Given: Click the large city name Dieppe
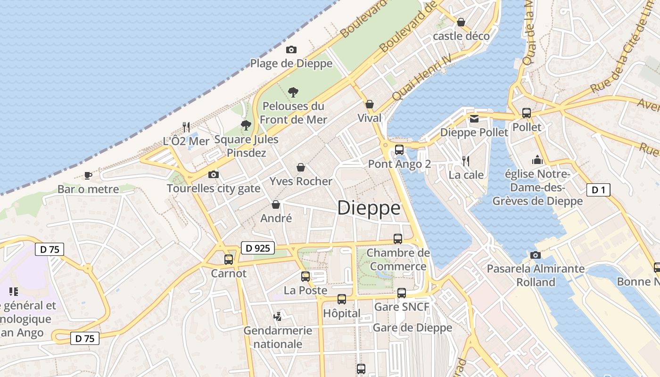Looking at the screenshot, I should pos(369,208).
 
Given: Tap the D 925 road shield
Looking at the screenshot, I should pos(257,248).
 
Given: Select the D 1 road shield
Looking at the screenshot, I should pos(598,190).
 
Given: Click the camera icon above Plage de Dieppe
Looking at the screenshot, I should pos(291,49).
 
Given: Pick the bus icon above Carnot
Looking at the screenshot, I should pos(229,259).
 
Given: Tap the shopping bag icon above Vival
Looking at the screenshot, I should pos(370,104).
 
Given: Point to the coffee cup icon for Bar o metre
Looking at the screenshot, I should pos(88,176).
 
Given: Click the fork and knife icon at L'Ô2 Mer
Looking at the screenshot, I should pos(186,127).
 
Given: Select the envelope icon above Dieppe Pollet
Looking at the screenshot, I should pos(474,119).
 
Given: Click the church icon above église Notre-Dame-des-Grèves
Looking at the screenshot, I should pos(537,160).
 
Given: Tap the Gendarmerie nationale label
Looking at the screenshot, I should pos(278,337).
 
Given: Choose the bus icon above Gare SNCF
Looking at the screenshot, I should pos(402,293).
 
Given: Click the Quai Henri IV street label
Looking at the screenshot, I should pos(421,77).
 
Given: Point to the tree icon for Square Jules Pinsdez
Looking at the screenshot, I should pos(246,125).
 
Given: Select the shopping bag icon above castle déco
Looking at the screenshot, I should pos(461,22).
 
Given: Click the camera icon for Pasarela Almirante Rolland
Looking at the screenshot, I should pos(536,255).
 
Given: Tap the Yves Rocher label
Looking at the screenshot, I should pos(301,181).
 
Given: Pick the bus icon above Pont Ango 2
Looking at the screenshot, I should pos(399,150).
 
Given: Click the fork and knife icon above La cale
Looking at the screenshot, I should pos(466,161).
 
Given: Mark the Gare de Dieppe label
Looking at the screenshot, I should pos(412,328).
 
